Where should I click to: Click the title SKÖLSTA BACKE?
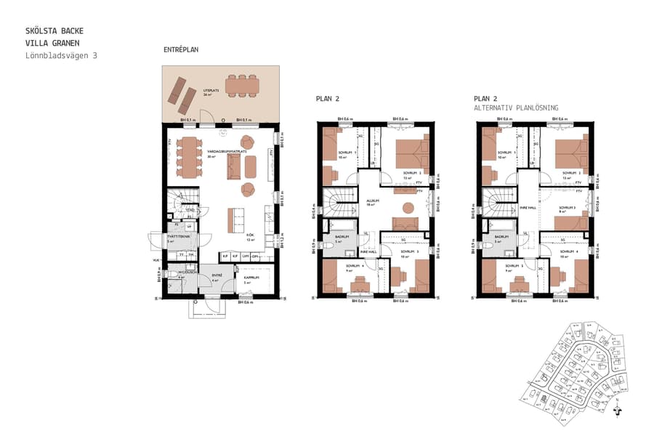pyautogui.click(x=54, y=31)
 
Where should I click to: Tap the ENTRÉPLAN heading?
pyautogui.click(x=181, y=49)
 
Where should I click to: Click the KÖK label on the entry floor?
pyautogui.click(x=249, y=235)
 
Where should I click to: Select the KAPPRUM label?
pyautogui.click(x=251, y=277)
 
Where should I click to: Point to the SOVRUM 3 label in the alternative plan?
pyautogui.click(x=567, y=208)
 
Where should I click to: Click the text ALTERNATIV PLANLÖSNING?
pyautogui.click(x=515, y=108)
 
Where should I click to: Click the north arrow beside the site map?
pyautogui.click(x=618, y=409)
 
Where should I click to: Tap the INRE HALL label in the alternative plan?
pyautogui.click(x=528, y=207)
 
